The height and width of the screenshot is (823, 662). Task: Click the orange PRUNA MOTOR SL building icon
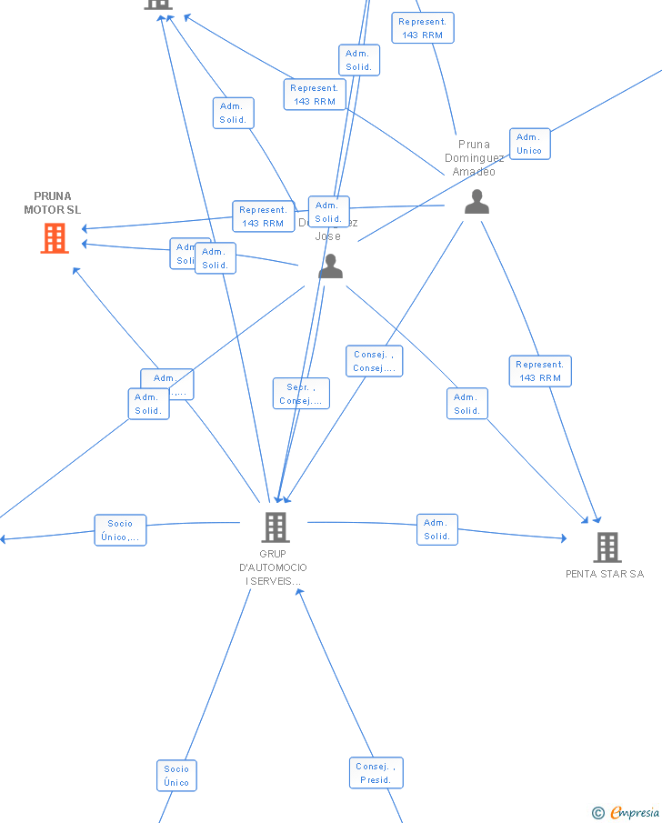tap(55, 238)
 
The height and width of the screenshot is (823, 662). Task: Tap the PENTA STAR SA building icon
tap(607, 547)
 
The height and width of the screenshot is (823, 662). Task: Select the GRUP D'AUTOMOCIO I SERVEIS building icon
tap(275, 527)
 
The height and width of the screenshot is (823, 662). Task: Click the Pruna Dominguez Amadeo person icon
tap(476, 202)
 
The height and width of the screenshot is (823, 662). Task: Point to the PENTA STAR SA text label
tap(605, 574)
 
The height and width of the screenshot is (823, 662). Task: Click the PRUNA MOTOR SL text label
tap(53, 203)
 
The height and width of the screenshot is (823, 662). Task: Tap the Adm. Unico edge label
tap(529, 144)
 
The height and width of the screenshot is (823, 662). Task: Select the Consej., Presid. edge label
tap(376, 773)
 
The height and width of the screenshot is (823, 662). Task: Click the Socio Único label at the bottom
tap(176, 776)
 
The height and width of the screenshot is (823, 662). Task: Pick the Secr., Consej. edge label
tap(301, 394)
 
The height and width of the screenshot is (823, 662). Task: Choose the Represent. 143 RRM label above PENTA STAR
tap(540, 371)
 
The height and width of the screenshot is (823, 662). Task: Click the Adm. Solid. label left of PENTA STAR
tap(437, 529)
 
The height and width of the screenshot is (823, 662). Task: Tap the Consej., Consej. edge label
tap(374, 361)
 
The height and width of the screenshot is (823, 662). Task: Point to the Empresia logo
tap(635, 812)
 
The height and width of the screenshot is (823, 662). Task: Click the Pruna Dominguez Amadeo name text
tap(474, 157)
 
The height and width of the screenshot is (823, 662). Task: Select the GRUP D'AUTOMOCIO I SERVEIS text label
tap(273, 567)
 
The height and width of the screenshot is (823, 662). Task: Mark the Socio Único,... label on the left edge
tap(120, 530)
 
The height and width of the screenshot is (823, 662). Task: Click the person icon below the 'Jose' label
tap(330, 266)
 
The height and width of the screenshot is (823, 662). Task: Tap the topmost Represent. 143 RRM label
tap(422, 28)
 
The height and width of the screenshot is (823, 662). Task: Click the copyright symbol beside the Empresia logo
tap(598, 813)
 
